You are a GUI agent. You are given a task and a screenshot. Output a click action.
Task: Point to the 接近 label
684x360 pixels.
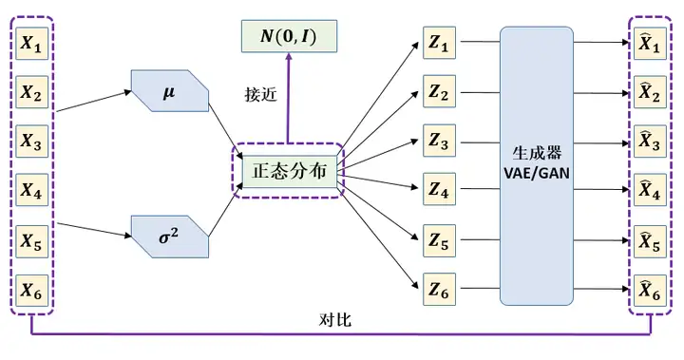click(259, 96)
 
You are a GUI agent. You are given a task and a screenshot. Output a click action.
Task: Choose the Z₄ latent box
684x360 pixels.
click(438, 191)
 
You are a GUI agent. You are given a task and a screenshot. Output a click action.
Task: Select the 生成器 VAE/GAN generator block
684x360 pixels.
click(537, 166)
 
